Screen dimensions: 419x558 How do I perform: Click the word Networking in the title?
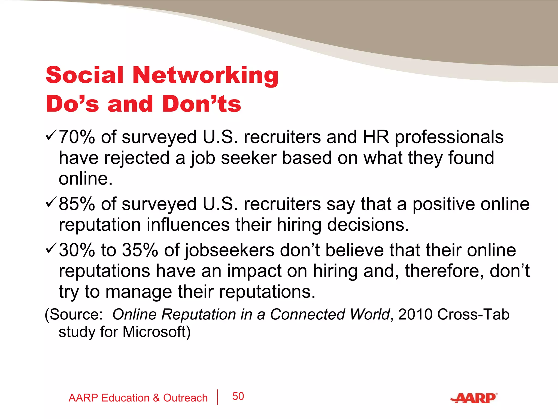coord(205,75)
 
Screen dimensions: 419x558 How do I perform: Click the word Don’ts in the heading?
coord(202,104)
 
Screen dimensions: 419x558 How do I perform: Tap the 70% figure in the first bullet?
coord(77,137)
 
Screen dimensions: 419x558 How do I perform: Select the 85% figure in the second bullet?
coord(77,204)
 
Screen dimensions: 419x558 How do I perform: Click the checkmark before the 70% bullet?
coord(51,135)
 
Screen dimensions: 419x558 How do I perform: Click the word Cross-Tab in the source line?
coord(474,315)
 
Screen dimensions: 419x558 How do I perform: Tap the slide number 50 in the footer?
coord(238,396)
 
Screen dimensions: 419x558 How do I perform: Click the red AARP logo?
coord(474,398)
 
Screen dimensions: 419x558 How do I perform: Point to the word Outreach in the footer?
coord(185,398)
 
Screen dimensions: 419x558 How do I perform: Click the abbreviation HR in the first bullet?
coord(376,137)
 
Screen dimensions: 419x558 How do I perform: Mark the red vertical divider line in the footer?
coord(218,397)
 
